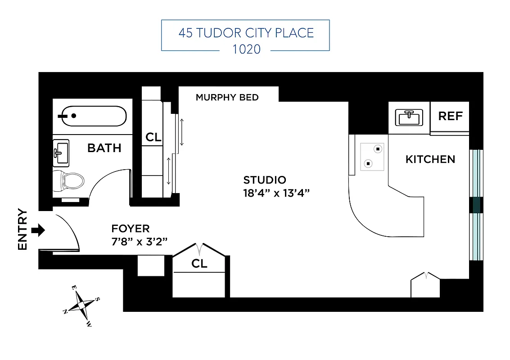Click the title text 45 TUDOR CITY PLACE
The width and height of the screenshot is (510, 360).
[246, 33]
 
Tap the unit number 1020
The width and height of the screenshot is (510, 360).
[246, 49]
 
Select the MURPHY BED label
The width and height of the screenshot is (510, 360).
[227, 97]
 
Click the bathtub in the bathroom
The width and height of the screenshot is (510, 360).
[94, 116]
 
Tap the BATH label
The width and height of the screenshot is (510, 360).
[104, 148]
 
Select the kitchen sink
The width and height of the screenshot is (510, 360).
[409, 117]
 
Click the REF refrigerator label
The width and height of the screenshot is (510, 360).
[450, 116]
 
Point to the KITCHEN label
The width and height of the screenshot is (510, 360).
[430, 159]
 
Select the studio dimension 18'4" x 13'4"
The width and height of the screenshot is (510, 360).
[277, 193]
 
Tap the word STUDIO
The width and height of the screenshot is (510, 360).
[265, 180]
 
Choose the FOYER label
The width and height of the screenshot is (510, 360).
[131, 229]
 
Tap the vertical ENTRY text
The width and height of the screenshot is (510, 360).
[23, 229]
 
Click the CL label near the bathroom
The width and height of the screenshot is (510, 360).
[153, 138]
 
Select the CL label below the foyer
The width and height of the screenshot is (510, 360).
[199, 264]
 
